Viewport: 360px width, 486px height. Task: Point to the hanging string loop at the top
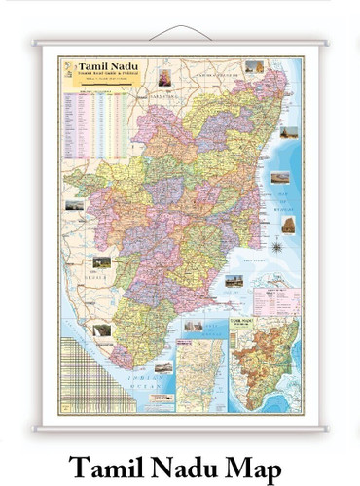180,31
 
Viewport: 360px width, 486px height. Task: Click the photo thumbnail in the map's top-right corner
255,67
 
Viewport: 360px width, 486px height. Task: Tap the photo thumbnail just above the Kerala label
100,262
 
